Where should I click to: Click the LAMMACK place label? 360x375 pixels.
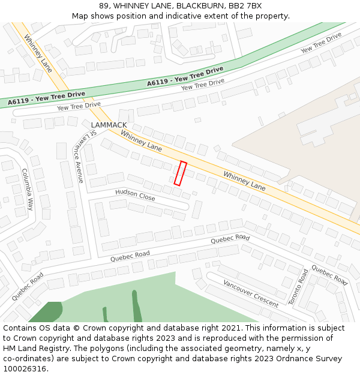109,125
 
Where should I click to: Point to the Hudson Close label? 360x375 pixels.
135,194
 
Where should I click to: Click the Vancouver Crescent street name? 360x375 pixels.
250,293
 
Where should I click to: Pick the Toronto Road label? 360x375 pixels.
298,286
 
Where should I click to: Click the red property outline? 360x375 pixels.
180,173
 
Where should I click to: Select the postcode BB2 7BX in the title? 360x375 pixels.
245,5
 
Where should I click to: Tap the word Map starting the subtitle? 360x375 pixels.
80,16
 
